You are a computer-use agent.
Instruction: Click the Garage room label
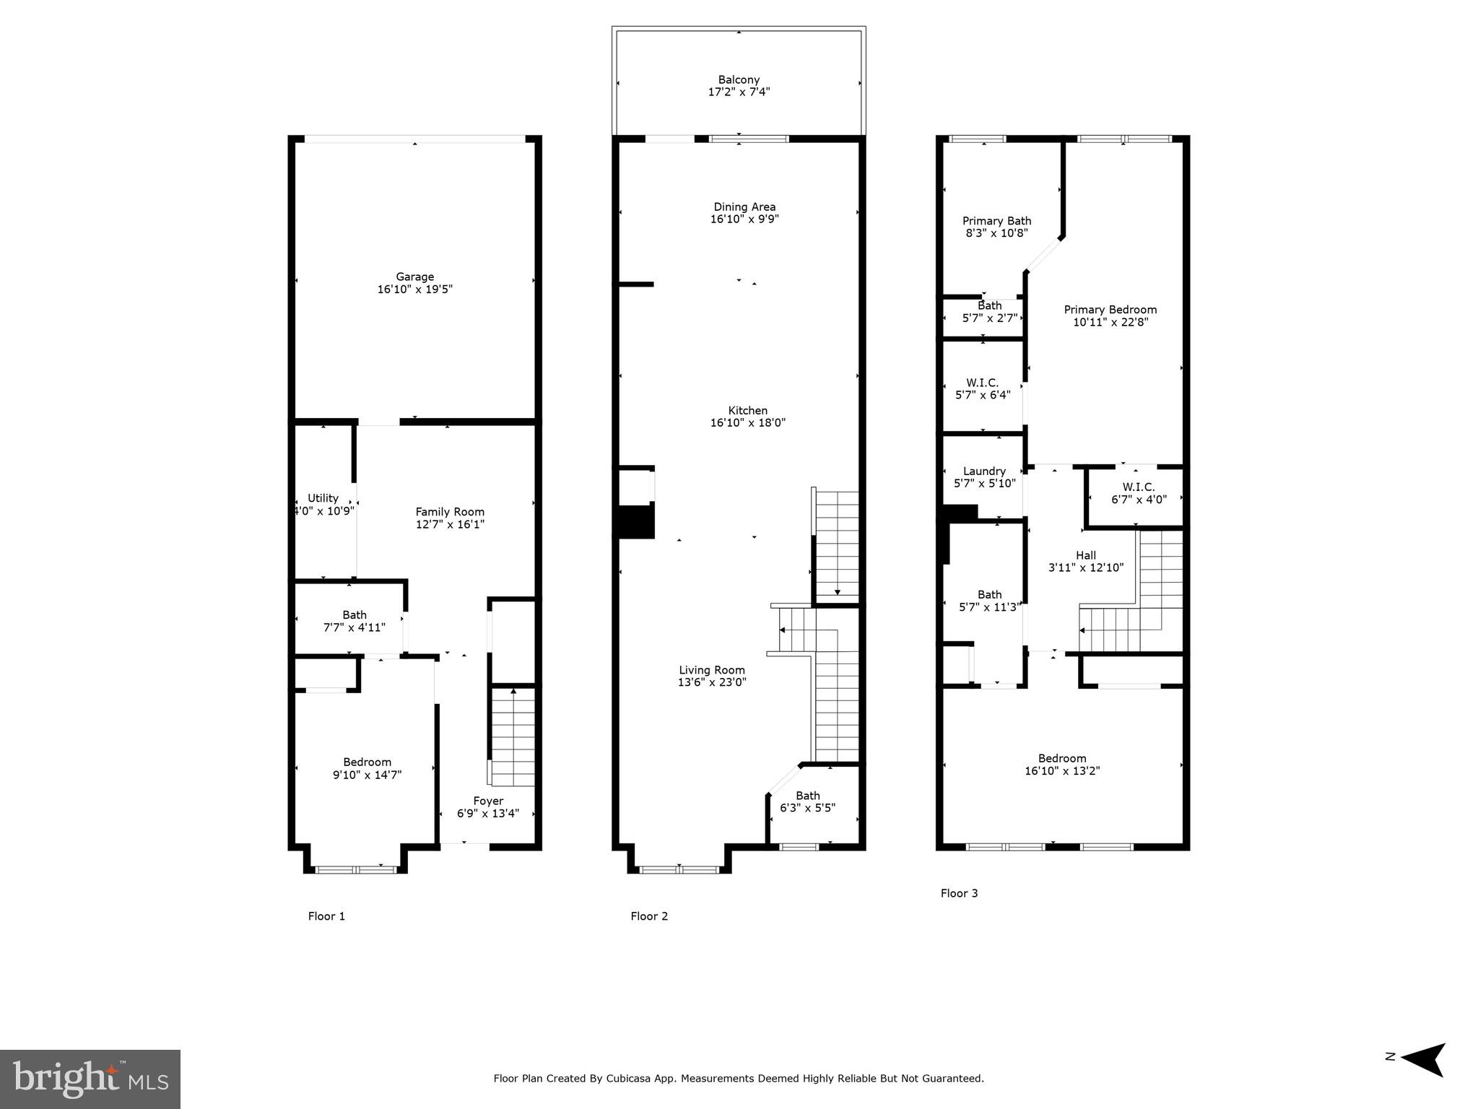(x=414, y=277)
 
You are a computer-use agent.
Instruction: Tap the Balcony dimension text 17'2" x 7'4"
(x=739, y=92)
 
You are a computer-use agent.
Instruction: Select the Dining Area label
(x=744, y=207)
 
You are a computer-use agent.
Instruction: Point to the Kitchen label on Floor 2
(x=747, y=411)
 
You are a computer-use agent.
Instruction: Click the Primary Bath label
(x=996, y=221)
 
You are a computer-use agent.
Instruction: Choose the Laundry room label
(x=984, y=471)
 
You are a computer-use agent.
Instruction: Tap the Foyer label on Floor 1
(x=488, y=801)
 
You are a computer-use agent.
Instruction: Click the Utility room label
(x=323, y=498)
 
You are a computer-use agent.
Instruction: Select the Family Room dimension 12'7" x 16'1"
(x=450, y=525)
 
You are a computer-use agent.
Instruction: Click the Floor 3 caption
(x=959, y=893)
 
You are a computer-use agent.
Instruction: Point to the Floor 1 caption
(x=326, y=916)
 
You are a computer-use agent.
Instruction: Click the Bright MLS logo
(x=90, y=1079)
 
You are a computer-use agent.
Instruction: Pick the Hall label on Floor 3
(x=1086, y=555)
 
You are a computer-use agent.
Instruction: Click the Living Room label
(x=711, y=670)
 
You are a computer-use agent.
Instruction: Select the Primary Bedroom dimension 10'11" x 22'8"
(x=1110, y=323)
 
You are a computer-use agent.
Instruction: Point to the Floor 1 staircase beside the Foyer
(x=513, y=736)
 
